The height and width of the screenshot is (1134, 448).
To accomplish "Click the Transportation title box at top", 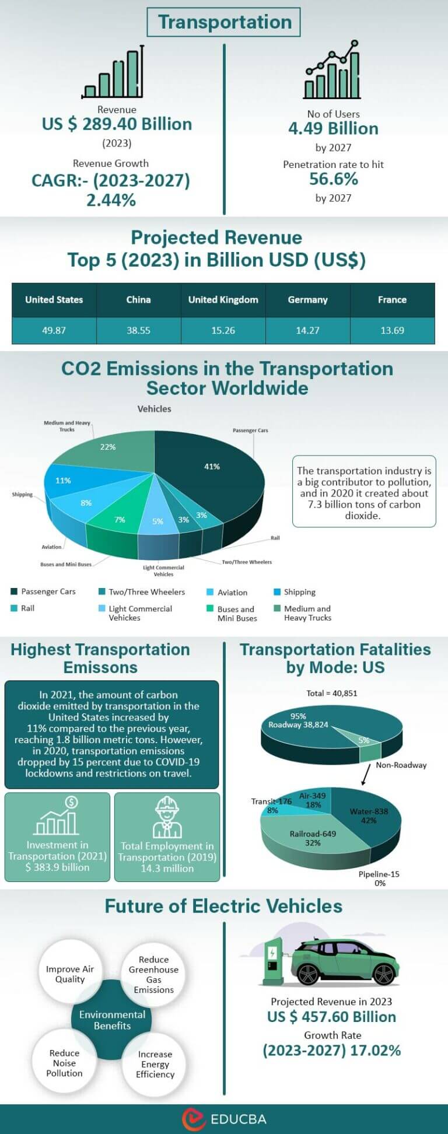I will [x=224, y=22].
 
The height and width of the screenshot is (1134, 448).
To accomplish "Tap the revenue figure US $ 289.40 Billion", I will [x=117, y=124].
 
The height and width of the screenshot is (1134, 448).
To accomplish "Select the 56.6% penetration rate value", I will [x=333, y=179].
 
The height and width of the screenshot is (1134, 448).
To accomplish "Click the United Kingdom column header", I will [x=223, y=300].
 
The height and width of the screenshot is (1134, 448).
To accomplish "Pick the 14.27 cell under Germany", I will [x=307, y=330].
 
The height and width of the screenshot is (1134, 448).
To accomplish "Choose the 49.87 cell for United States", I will [x=54, y=330].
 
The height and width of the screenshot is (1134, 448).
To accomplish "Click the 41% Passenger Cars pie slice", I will [x=212, y=467].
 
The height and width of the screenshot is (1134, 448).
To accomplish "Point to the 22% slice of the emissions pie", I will [x=108, y=447].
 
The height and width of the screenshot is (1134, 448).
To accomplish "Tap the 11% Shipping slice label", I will [x=63, y=481].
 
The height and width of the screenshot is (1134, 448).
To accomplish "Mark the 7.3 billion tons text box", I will [x=364, y=493].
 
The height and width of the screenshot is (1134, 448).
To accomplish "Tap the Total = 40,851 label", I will [x=331, y=693].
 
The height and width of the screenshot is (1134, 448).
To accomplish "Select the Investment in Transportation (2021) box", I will [x=57, y=836].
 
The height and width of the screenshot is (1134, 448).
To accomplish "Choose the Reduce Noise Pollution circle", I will [x=65, y=1063].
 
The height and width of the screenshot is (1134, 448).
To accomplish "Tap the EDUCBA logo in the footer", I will [x=224, y=1119].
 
